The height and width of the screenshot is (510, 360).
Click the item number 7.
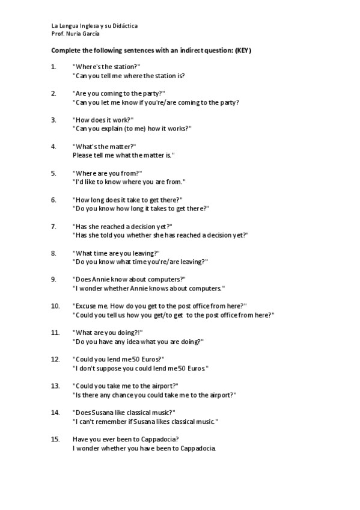pyautogui.click(x=53, y=227)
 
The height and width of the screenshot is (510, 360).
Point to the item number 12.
pyautogui.click(x=55, y=359)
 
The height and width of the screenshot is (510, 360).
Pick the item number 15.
pyautogui.click(x=55, y=439)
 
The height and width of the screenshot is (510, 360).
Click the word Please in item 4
pyautogui.click(x=82, y=155)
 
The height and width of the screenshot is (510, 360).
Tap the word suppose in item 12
pyautogui.click(x=109, y=368)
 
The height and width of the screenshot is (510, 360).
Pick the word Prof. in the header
pyautogui.click(x=58, y=35)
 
